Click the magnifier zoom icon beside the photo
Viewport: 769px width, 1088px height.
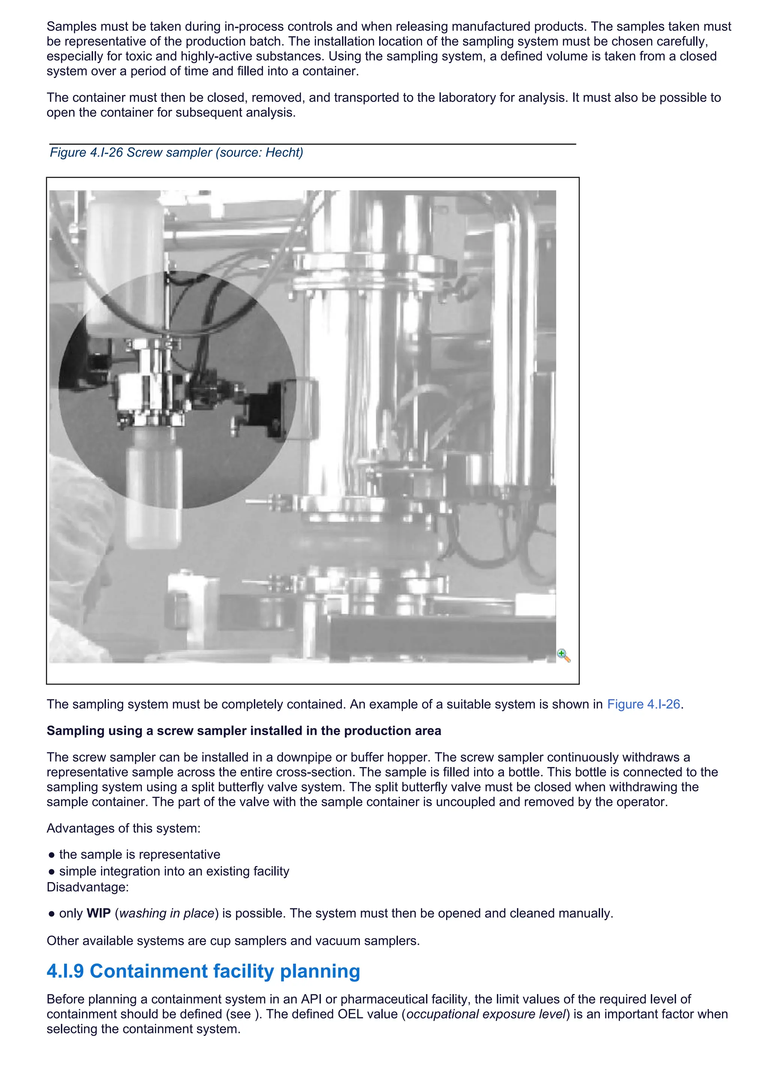click(x=564, y=656)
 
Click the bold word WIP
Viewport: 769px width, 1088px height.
click(x=98, y=913)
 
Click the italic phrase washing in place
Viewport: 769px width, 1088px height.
click(x=167, y=913)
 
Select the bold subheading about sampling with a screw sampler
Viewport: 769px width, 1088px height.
click(x=243, y=731)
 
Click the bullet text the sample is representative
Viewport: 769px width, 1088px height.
click(x=139, y=854)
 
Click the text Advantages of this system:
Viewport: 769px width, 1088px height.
click(x=123, y=828)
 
